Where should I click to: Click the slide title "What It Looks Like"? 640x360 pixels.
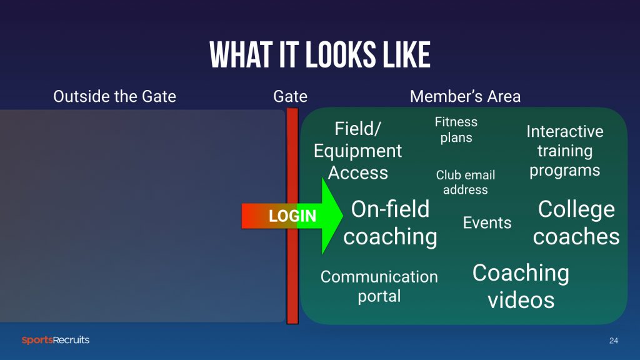coord(320,55)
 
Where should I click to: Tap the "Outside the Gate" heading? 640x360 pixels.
coord(115,97)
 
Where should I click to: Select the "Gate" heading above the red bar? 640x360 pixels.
coord(290,97)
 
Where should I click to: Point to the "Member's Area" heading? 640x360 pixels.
coord(465,97)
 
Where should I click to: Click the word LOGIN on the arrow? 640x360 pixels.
coord(292,216)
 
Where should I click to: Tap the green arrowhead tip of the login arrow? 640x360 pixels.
coord(342,216)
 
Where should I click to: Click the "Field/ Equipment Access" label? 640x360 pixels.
coord(357,151)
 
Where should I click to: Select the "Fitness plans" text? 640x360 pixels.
coord(456,130)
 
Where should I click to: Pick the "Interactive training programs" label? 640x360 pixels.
coord(565,151)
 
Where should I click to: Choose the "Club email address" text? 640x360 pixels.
coord(465,182)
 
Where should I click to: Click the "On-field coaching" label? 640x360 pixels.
coord(390,223)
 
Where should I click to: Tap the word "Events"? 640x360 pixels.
coord(487,223)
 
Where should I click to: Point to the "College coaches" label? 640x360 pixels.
coord(576,223)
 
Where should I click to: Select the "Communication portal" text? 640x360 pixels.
coord(379,286)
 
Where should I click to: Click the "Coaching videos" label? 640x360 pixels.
coord(521,286)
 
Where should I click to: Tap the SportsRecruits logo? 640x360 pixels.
coord(56,340)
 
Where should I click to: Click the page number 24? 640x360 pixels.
coord(614,341)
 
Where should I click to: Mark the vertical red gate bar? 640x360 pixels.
coord(292,216)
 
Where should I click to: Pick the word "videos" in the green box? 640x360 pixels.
coord(521,301)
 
